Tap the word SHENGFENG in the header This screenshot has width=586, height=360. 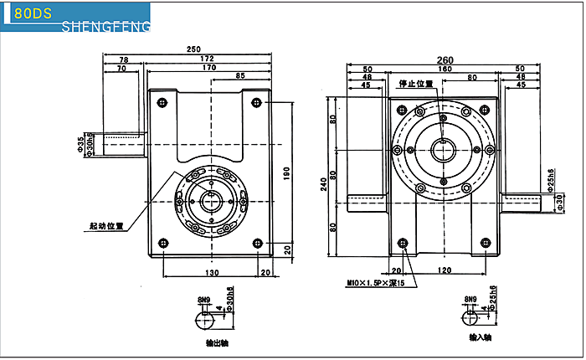point(105,27)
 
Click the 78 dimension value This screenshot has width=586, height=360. point(124,59)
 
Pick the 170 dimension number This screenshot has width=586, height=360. point(209,67)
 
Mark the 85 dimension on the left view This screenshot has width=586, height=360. point(241,75)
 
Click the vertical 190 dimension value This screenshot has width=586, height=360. point(285,174)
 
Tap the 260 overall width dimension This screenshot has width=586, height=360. point(445,59)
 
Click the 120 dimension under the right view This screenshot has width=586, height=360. point(445,270)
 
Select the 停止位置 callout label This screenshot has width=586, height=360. point(416,84)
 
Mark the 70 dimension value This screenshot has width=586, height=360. point(122,68)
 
